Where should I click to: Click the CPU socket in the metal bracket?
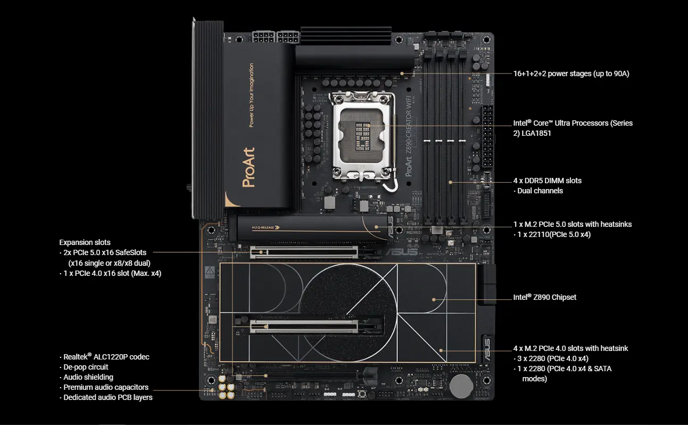tap(362, 135)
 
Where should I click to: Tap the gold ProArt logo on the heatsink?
tap(248, 167)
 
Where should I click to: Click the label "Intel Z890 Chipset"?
tap(544, 297)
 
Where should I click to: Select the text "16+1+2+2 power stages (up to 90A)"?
tap(571, 73)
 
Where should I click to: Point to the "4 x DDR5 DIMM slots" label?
tap(548, 181)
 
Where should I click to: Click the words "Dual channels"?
tap(540, 191)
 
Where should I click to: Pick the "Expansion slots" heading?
tap(85, 242)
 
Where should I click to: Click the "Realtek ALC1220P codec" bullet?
tap(106, 357)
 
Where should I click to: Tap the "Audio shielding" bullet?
tap(88, 377)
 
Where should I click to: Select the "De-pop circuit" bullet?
tap(86, 367)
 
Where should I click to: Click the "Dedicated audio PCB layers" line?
tap(108, 397)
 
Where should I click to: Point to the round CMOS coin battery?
tap(461, 386)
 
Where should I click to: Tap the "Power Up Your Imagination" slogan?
tap(251, 95)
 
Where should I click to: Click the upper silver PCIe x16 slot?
tap(304, 252)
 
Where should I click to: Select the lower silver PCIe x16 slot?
tap(304, 326)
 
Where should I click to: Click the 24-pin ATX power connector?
tap(487, 136)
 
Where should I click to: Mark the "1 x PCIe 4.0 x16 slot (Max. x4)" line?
tap(112, 273)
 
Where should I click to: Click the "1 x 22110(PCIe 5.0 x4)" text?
tap(554, 234)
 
